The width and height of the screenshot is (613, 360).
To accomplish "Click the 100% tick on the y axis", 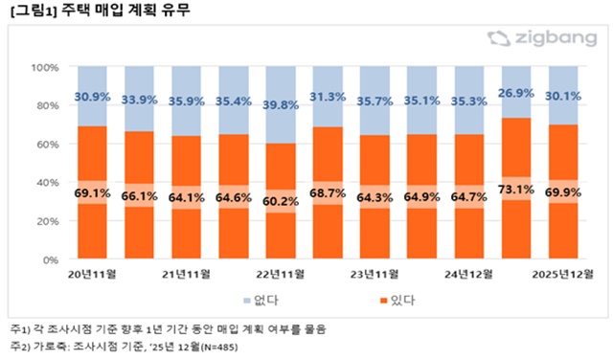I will point(46,68).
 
